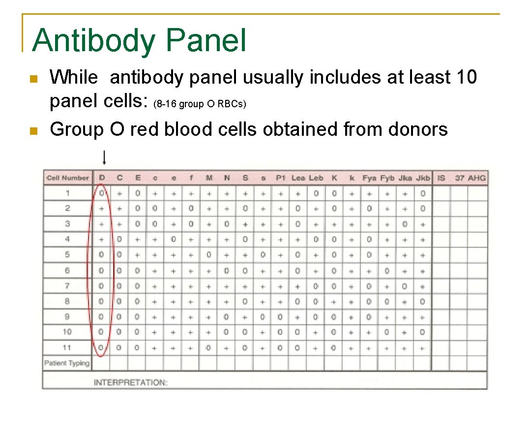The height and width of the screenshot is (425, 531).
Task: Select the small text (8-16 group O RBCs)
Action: tap(200, 104)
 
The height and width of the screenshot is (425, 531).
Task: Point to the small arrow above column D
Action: tap(104, 157)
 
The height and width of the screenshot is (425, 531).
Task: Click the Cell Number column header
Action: tap(67, 178)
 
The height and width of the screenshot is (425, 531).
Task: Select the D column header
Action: tap(102, 178)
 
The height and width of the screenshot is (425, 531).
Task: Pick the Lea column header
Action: tap(298, 178)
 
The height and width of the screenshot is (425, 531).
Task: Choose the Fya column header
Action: tap(369, 178)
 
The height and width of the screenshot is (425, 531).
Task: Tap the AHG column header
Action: tap(476, 178)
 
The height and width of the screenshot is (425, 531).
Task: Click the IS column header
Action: tap(441, 178)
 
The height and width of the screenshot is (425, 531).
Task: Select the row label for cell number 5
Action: tap(67, 255)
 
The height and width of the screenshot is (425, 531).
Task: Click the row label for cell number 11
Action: tap(67, 348)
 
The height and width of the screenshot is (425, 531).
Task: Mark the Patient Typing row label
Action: tap(67, 363)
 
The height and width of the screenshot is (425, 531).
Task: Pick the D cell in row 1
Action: tap(102, 193)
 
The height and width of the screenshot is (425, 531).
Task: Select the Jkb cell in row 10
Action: tap(422, 333)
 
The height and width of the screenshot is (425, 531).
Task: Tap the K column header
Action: tap(334, 178)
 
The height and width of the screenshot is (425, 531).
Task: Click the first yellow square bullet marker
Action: tap(33, 79)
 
